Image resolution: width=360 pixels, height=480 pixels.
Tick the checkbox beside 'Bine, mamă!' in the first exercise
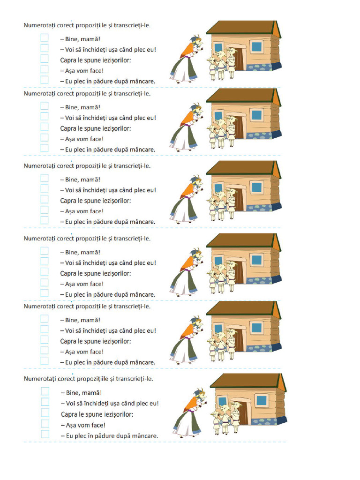coord(45,37)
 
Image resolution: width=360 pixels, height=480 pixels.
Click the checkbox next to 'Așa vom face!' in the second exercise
coord(45,137)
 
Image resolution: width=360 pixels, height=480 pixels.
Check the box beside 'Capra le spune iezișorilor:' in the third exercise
coord(45,199)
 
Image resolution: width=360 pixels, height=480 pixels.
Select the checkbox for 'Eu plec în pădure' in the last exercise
coord(45,434)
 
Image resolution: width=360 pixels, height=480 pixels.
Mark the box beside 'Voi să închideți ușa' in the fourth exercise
coord(45,262)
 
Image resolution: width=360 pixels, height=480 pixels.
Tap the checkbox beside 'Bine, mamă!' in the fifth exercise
coord(45,319)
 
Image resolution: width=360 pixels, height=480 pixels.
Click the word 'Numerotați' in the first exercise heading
coord(39,25)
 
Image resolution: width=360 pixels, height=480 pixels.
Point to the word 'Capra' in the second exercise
coord(68,128)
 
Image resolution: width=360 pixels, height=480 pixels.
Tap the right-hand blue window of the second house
coord(256,115)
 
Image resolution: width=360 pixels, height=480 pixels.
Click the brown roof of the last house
coord(245,381)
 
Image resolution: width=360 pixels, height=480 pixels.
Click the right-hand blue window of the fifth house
coord(256,328)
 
